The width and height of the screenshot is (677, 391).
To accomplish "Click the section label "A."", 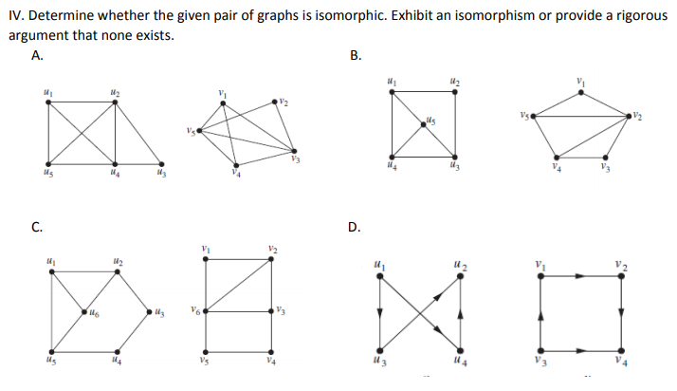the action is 37,54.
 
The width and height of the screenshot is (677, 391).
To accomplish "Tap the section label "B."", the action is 356,54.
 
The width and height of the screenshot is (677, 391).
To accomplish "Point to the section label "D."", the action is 356,226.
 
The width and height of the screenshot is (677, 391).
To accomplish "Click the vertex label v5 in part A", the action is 190,131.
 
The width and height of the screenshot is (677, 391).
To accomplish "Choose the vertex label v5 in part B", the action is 522,115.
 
